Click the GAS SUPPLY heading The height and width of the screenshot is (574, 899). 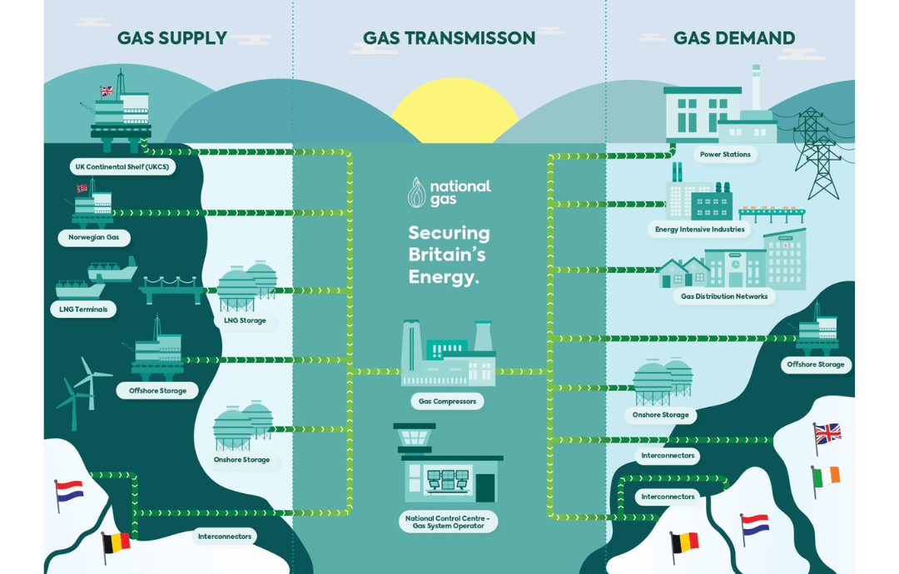click(171, 38)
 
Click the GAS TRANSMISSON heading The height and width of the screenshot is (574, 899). click(449, 38)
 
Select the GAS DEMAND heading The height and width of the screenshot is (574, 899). click(733, 38)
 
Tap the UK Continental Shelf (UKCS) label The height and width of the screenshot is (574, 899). click(122, 167)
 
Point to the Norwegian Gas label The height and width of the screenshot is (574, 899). click(93, 238)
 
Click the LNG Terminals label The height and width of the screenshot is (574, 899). click(82, 309)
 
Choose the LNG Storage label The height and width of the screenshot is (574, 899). click(245, 320)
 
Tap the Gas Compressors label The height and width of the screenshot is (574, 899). click(447, 402)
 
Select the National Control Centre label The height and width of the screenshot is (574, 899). click(448, 522)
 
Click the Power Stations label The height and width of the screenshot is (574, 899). click(725, 155)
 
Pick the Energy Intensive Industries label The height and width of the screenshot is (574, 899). click(699, 230)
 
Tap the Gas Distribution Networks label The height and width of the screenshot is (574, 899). click(724, 296)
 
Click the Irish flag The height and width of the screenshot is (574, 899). click(827, 476)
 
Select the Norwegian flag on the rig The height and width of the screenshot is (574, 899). click(82, 188)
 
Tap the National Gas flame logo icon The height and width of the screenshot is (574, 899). click(416, 193)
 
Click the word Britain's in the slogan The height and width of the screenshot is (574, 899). click(447, 255)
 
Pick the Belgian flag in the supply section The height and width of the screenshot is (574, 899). click(116, 542)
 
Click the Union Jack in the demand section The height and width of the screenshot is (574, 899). click(827, 433)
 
